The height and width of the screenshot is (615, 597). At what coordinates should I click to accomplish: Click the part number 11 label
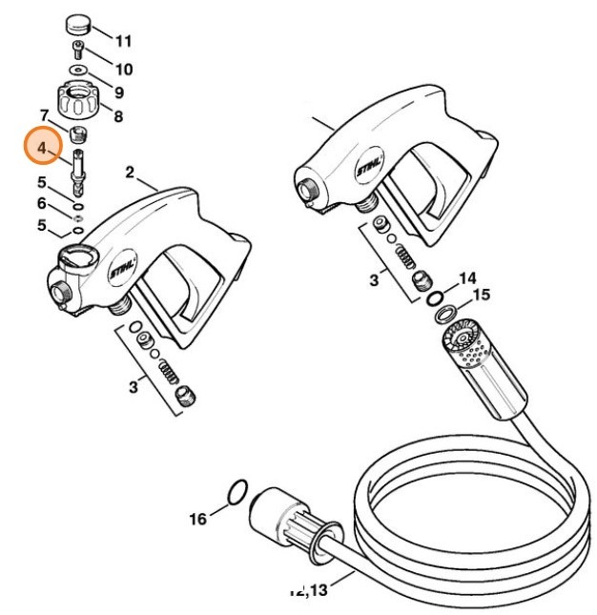coord(123,41)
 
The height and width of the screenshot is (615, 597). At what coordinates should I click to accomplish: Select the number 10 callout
coord(123,70)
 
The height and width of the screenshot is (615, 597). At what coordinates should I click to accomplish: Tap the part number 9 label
coord(118,92)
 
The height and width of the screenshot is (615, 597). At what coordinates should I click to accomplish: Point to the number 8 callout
coord(118,116)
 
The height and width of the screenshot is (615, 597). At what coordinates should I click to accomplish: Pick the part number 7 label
coord(45,114)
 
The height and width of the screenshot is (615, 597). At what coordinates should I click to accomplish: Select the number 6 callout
coord(41,203)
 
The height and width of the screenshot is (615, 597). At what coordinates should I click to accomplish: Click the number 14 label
coord(466,278)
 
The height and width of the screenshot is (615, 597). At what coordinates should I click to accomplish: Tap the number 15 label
coord(481,296)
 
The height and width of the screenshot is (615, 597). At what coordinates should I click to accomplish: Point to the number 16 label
coord(197,520)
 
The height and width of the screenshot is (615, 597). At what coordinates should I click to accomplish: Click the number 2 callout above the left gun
coord(130,173)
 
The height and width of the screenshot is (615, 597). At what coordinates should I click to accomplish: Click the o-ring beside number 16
coord(239,490)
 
